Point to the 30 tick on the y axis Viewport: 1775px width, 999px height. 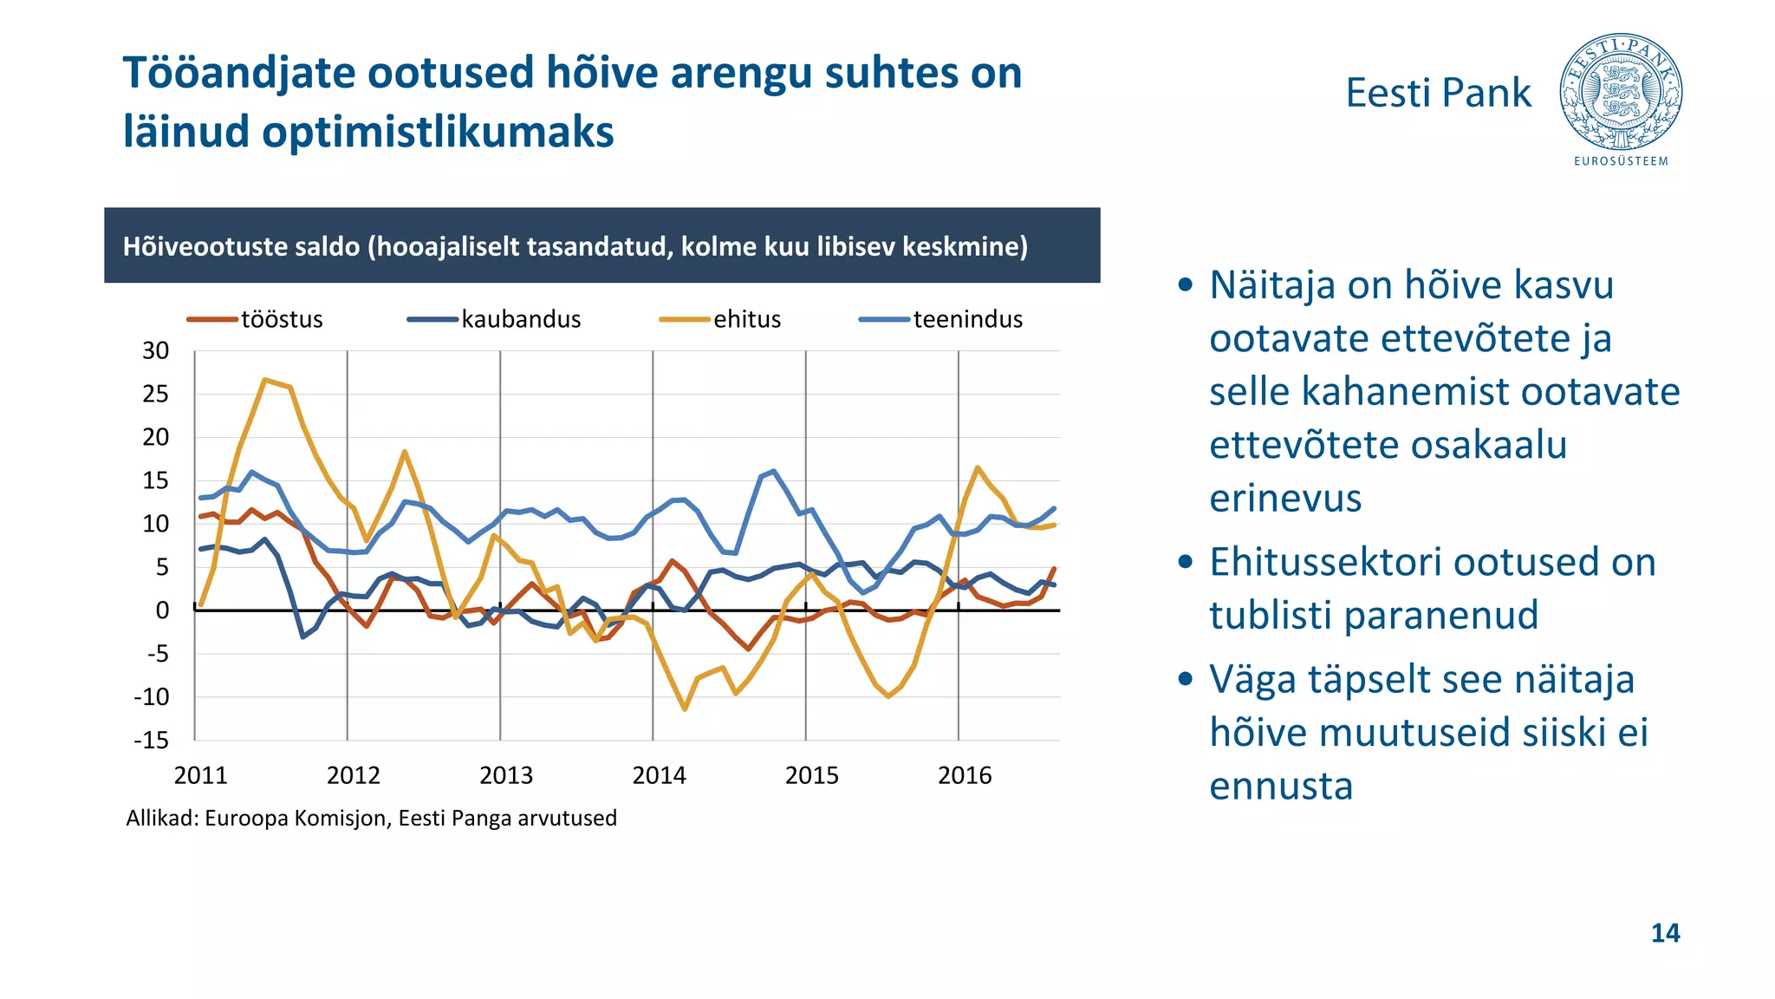point(156,351)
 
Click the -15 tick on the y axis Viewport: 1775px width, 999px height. point(152,741)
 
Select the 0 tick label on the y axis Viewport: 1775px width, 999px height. point(162,610)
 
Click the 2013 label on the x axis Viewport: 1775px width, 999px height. point(506,775)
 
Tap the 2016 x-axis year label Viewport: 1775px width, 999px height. point(965,775)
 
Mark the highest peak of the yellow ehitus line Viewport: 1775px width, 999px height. point(265,380)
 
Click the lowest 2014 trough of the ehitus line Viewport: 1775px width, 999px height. point(685,709)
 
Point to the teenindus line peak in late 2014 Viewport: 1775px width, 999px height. point(773,472)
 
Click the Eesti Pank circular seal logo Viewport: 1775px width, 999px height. point(1621,93)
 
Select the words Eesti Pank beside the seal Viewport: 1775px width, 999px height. point(1438,93)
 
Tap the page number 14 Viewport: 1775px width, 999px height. point(1665,933)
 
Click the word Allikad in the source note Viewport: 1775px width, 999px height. point(161,818)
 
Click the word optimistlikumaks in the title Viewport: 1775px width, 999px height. point(438,132)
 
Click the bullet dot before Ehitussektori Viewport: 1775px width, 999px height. point(1187,562)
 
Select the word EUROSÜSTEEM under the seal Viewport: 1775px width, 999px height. point(1621,161)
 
